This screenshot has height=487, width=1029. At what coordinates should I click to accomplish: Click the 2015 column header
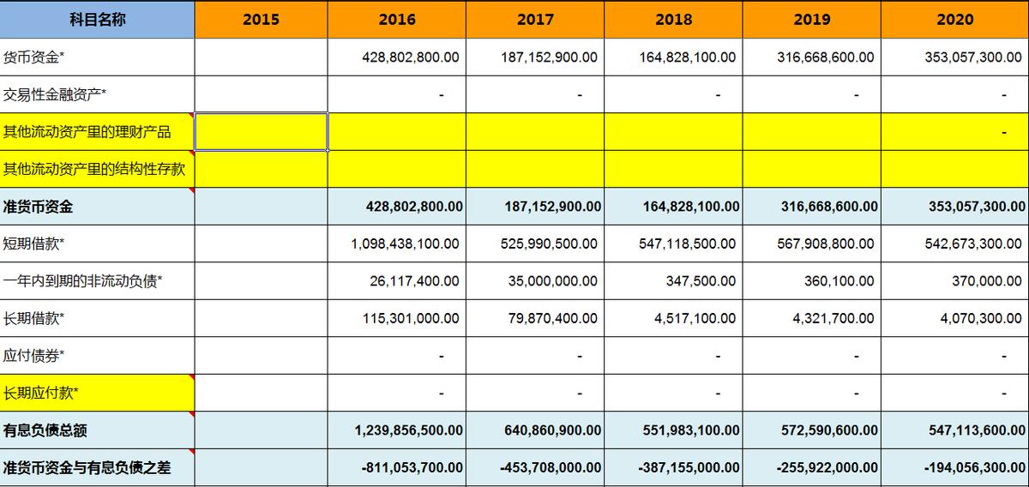click(261, 20)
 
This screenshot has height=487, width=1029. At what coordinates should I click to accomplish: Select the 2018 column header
click(673, 20)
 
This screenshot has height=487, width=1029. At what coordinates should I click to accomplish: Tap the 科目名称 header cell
click(97, 20)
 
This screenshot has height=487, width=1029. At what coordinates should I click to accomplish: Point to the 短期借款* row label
click(34, 243)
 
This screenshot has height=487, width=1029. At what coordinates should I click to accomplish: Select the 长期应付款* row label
click(41, 394)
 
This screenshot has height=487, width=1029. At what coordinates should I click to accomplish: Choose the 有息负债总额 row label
click(45, 430)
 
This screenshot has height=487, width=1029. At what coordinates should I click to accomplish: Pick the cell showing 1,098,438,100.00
click(405, 243)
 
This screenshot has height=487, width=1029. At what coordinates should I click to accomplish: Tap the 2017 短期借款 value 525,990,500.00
click(549, 243)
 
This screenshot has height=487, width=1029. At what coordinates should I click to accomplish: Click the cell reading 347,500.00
click(701, 281)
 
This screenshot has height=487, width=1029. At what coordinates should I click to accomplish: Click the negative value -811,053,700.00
click(409, 468)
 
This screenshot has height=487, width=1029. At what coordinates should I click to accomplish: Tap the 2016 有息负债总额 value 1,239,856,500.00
click(409, 430)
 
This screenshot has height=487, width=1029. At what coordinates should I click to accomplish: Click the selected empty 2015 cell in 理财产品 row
click(261, 131)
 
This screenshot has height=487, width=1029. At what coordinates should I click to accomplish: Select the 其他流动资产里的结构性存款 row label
click(94, 169)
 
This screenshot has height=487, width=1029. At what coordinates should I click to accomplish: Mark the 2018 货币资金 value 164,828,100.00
click(687, 57)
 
